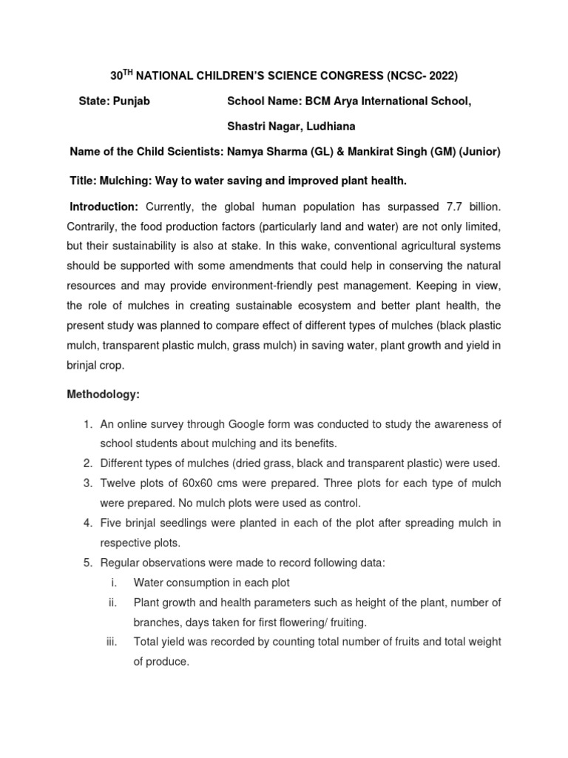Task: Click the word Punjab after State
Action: point(132,101)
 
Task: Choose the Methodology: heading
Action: point(103,395)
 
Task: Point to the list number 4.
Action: point(87,523)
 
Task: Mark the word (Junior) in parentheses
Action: point(479,152)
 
